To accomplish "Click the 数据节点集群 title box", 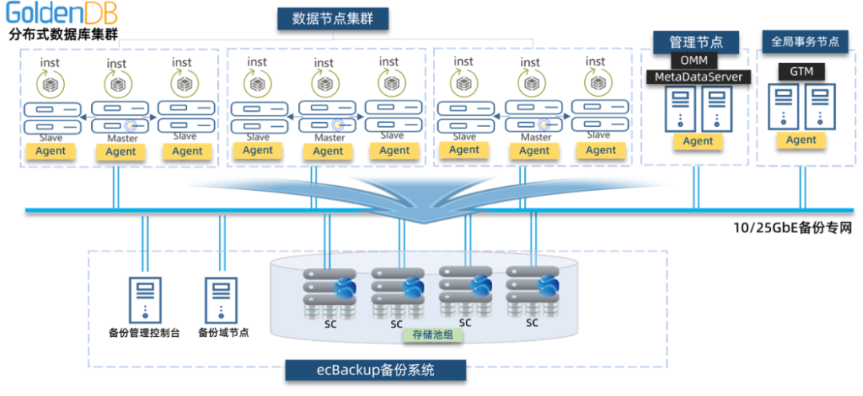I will pos(333,18).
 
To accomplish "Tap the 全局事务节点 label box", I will pos(805,42).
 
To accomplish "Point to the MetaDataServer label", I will pos(698,77).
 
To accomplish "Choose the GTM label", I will pos(801,71).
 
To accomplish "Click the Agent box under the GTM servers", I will pos(801,140).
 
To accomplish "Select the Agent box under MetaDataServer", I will pos(698,141).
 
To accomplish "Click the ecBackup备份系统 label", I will pos(376,370).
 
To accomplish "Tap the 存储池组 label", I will pos(432,335).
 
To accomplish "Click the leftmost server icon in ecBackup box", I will pos(145,299).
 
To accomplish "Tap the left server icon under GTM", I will pos(783,106).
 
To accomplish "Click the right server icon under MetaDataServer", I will pos(717,109).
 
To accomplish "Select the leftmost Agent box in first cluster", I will pos(51,150).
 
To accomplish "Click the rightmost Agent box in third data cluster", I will pos(601,150).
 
